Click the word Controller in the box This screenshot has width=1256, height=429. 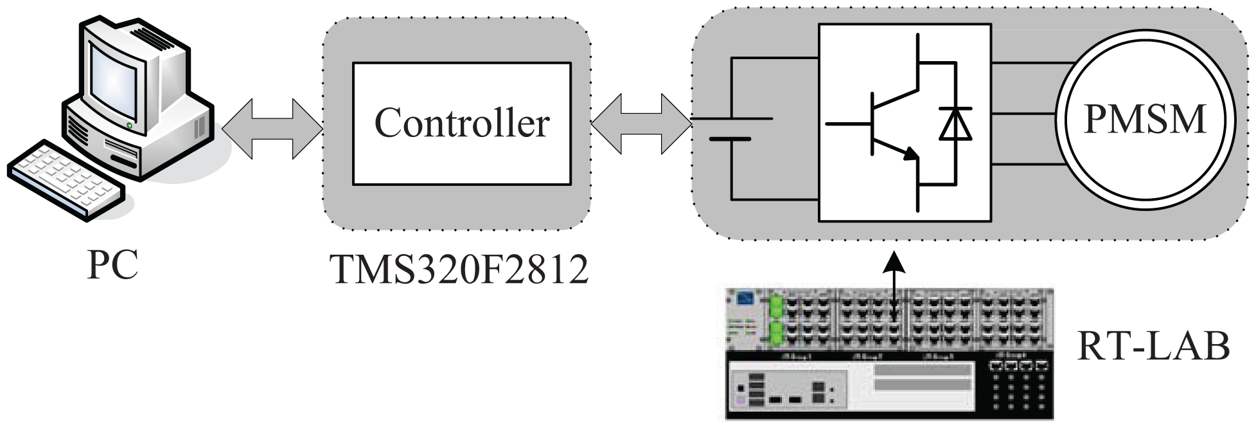coord(461,122)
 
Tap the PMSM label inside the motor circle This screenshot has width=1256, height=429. coord(1145,118)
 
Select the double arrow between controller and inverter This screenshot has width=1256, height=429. coord(641,123)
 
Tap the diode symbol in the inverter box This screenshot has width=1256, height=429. coord(955,124)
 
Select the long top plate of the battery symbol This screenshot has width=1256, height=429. coord(732,118)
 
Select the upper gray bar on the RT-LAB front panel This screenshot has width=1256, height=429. coord(922,370)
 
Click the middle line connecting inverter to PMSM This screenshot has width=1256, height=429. coord(1024,114)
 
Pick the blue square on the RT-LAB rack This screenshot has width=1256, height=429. coord(745,299)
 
